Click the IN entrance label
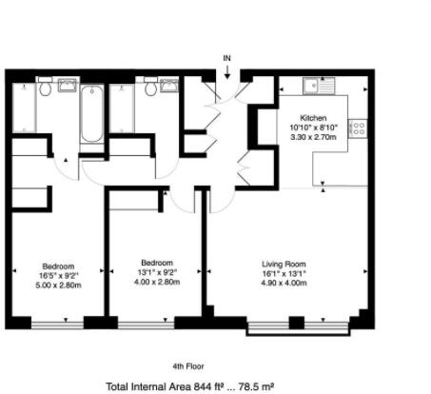click(226, 59)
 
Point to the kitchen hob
click(358, 127)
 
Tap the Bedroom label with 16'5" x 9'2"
click(58, 266)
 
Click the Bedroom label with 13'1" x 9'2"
click(157, 263)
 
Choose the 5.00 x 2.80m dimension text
click(58, 286)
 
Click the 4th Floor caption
click(189, 366)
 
